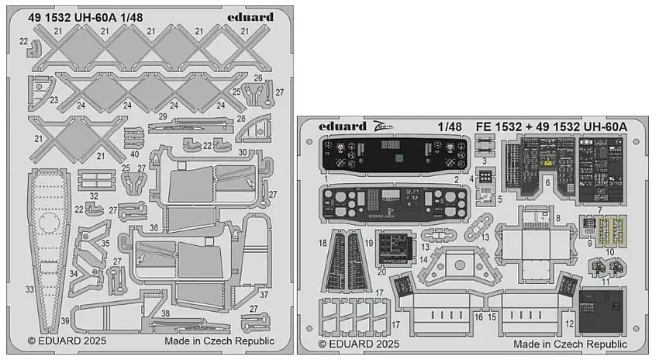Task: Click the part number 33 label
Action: click(29, 289)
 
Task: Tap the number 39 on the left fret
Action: click(65, 321)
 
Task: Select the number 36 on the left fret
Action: click(154, 227)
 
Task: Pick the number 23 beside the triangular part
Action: click(53, 99)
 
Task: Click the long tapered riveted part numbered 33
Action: click(47, 248)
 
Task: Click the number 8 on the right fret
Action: click(557, 220)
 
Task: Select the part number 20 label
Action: click(381, 271)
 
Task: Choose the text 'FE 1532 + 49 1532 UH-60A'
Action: click(557, 126)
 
